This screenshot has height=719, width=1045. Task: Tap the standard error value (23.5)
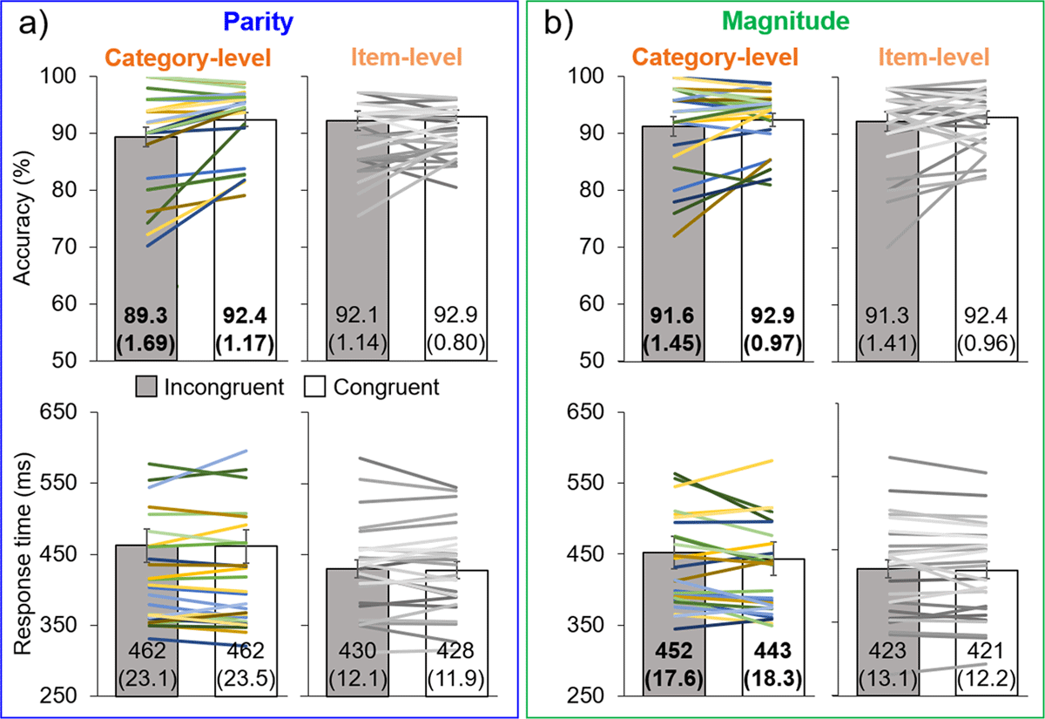point(245,677)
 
